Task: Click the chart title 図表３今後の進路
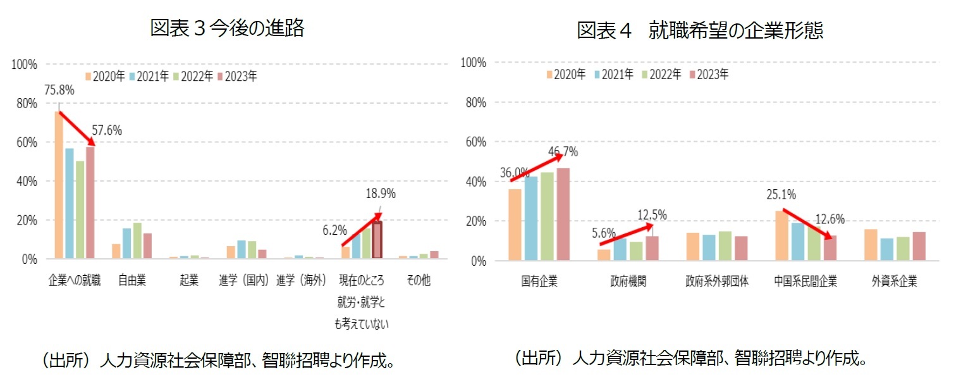click(227, 28)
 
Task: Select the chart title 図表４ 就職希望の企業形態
click(700, 30)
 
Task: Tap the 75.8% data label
click(59, 90)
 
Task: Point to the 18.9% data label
click(381, 194)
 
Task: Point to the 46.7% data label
click(562, 152)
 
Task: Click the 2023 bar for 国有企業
click(563, 214)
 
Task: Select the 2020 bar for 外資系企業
click(870, 244)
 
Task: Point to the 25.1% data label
click(781, 194)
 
